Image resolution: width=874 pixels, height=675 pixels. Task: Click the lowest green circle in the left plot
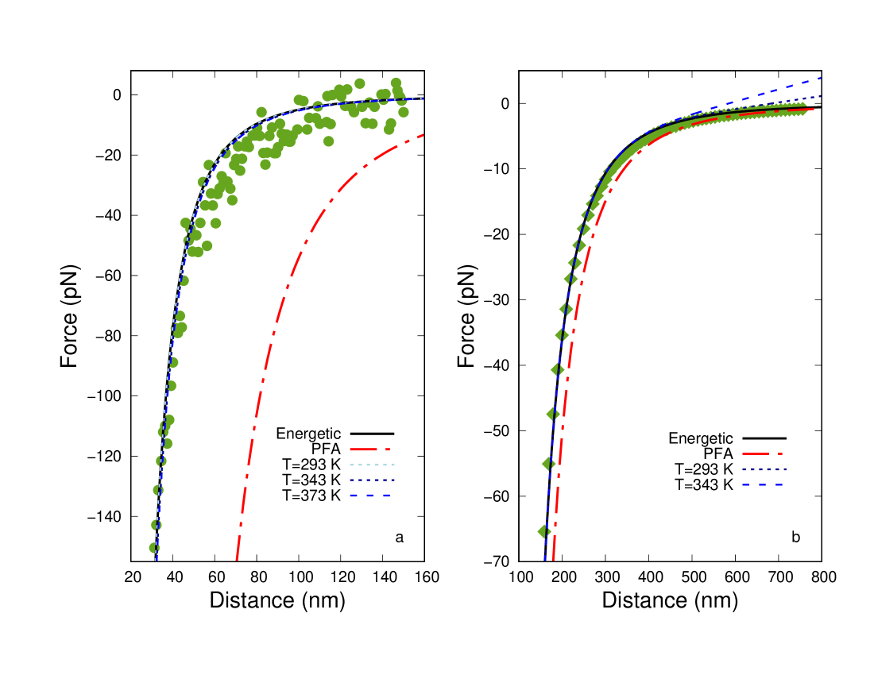pos(154,547)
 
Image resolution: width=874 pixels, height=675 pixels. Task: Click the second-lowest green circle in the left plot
pos(157,525)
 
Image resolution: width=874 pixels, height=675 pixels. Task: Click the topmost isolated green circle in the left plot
pos(359,83)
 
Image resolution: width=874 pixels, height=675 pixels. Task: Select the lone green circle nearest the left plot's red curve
pos(328,141)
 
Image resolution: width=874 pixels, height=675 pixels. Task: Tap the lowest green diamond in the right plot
pos(544,531)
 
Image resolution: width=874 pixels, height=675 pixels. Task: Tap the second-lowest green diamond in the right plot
pos(548,464)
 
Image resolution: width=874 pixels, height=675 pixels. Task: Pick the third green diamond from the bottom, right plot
pos(553,414)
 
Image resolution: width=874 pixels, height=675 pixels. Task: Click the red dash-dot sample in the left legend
pos(370,449)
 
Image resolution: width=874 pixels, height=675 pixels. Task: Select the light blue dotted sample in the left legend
pos(371,465)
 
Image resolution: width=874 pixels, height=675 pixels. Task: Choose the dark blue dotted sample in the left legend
pos(371,480)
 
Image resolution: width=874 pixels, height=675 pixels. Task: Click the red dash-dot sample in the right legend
pos(763,454)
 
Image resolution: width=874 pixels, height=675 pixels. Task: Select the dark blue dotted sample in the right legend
pos(764,469)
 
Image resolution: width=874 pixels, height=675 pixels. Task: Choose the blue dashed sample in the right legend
pos(763,484)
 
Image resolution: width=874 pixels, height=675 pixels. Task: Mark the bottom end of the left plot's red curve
pos(237,559)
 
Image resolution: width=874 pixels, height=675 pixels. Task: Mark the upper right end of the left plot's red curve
pos(423,135)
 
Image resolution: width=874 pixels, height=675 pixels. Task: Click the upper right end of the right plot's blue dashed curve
pos(819,79)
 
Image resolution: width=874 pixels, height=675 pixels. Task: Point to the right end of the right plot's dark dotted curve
pos(820,97)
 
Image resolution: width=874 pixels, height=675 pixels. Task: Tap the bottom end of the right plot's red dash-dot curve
pos(553,559)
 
